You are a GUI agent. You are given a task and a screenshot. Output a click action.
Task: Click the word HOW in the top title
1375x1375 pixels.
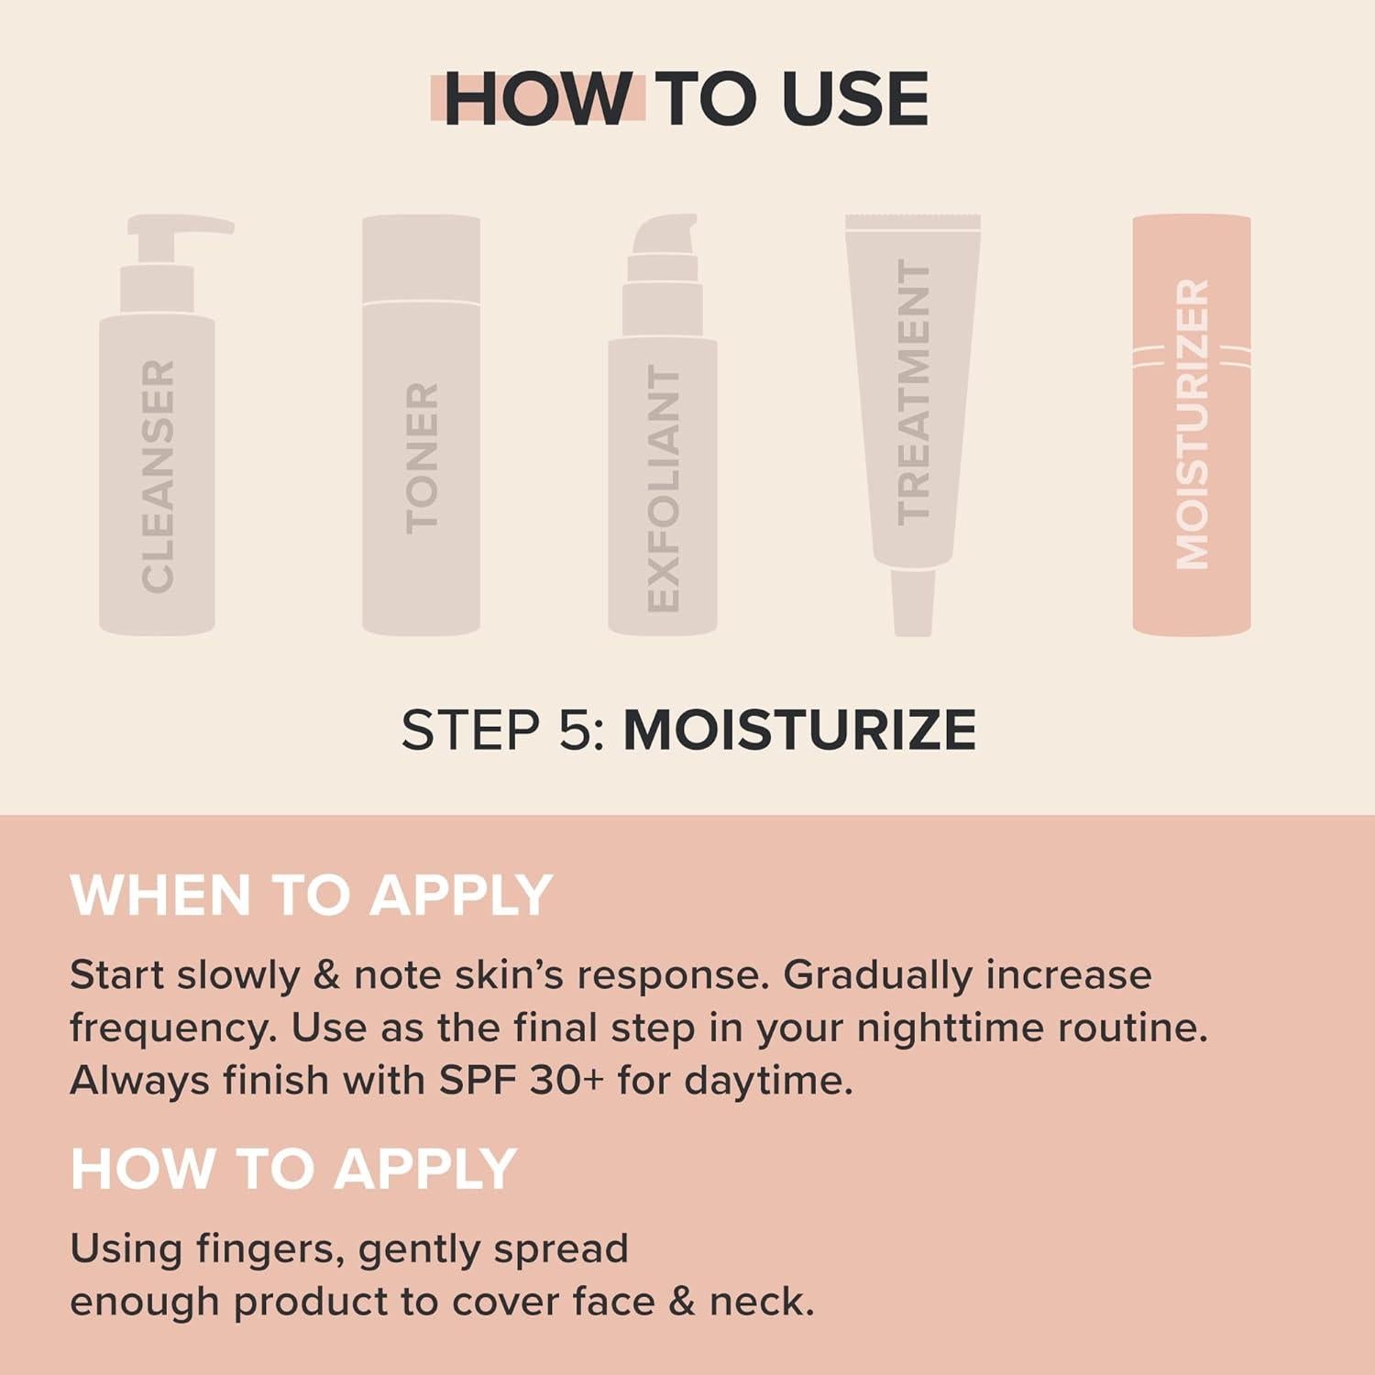coord(537,99)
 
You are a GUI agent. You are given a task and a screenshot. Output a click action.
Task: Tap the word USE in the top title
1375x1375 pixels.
coord(854,99)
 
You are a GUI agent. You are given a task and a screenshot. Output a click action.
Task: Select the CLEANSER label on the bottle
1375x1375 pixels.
coord(158,476)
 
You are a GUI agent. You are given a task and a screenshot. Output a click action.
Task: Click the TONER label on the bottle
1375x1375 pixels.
coord(422,458)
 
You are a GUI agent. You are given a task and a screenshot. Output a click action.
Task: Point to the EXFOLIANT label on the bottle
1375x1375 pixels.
coord(663,488)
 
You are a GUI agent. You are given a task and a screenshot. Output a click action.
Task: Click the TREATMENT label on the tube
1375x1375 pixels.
coord(913,391)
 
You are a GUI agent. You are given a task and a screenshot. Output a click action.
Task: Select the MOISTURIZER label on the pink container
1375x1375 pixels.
coord(1192,423)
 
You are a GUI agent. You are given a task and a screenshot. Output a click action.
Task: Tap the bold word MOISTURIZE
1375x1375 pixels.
coord(799,730)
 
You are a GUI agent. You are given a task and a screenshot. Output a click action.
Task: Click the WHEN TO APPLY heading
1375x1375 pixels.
coord(311,895)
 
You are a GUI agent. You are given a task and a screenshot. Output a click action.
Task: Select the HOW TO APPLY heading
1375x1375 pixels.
coord(293,1169)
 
